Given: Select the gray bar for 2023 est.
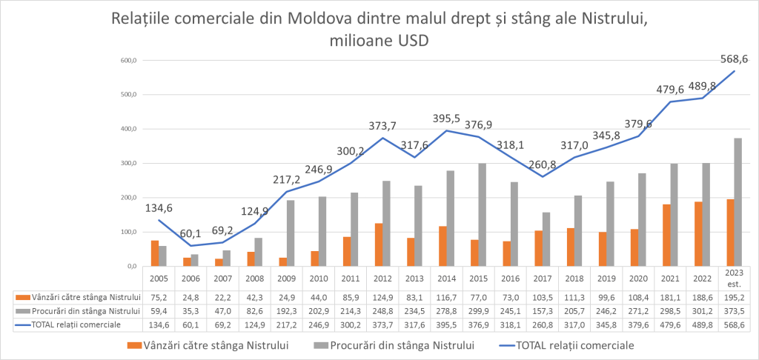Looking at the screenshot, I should coord(738,202).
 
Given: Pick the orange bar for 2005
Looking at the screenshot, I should coord(155,253).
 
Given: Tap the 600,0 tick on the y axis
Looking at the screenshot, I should coord(130,60).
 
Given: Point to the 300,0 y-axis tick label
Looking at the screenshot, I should coord(130,163).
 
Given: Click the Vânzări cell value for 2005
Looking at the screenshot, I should coord(159,298).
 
